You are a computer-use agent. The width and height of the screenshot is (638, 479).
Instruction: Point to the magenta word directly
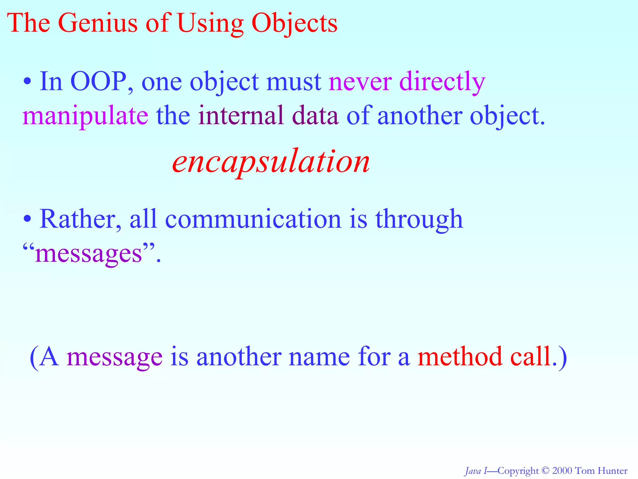click(x=442, y=82)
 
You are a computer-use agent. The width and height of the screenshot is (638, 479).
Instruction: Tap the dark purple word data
click(x=315, y=115)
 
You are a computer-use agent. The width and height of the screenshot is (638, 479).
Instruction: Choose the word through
click(x=419, y=220)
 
